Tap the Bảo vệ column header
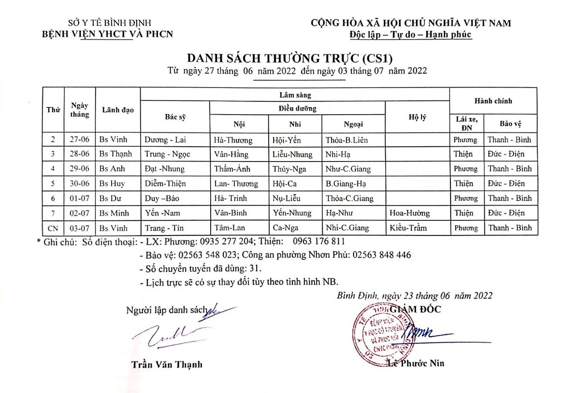(x=511, y=123)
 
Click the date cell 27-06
(x=80, y=140)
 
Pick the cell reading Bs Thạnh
(x=116, y=154)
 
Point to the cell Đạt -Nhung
(x=165, y=169)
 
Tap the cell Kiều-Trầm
(x=408, y=228)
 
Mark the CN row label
(x=53, y=228)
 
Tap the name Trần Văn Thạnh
(x=166, y=364)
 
